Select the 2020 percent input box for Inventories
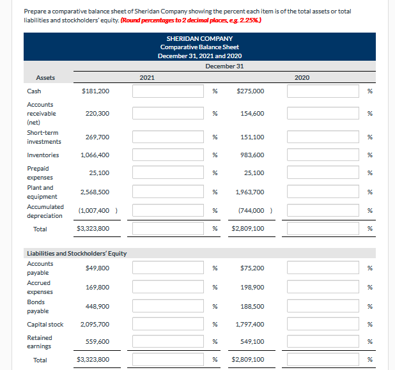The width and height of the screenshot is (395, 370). click(323, 155)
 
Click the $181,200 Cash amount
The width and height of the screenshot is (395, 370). click(96, 91)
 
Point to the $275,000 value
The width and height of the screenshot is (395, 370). click(251, 91)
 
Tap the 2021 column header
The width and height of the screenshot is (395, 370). click(147, 77)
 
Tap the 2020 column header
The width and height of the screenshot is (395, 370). click(302, 77)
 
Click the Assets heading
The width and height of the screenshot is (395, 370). click(45, 78)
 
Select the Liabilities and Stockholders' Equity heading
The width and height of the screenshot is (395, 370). click(77, 254)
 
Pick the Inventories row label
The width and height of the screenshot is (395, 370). click(43, 155)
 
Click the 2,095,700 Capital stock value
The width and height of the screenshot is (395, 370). click(95, 325)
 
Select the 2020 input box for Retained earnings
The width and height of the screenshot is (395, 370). click(323, 342)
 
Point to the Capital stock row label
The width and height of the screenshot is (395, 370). click(45, 325)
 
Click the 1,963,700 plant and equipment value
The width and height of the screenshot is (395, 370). click(249, 192)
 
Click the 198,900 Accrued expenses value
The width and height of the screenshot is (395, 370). click(251, 288)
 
